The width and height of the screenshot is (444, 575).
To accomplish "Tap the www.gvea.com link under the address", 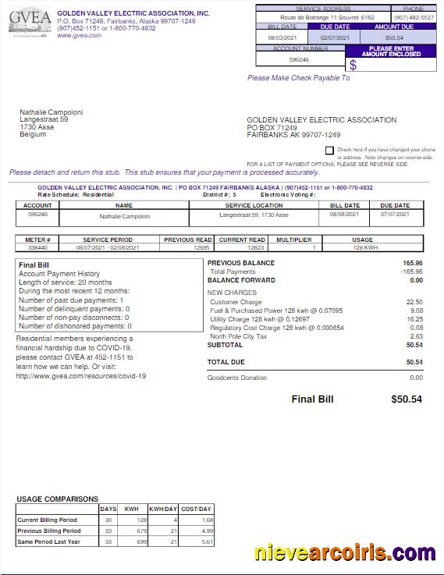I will click(x=79, y=35).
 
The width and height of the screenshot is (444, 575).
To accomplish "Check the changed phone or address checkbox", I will click(x=329, y=150).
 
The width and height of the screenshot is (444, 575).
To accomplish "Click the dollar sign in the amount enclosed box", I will click(x=353, y=66).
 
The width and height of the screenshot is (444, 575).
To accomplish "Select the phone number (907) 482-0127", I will click(x=414, y=16).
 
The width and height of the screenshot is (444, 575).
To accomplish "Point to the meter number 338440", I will click(x=37, y=247).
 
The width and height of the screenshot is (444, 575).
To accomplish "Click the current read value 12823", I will click(x=242, y=247).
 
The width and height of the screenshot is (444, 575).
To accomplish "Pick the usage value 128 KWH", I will click(x=362, y=247).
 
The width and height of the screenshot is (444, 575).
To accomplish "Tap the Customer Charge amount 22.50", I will click(x=414, y=302).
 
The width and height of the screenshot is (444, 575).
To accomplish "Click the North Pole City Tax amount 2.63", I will click(x=416, y=336).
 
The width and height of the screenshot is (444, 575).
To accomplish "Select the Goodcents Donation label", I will click(x=237, y=378).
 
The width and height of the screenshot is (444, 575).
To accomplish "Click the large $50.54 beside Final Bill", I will click(x=406, y=399).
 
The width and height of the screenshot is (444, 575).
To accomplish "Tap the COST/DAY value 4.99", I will click(x=196, y=531).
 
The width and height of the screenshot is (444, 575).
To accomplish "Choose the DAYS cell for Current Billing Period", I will click(x=108, y=520).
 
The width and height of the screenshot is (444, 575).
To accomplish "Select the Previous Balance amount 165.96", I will click(x=412, y=263).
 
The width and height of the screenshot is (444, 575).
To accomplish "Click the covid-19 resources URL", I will click(x=81, y=375).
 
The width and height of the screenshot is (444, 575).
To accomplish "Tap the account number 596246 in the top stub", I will click(x=299, y=59).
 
